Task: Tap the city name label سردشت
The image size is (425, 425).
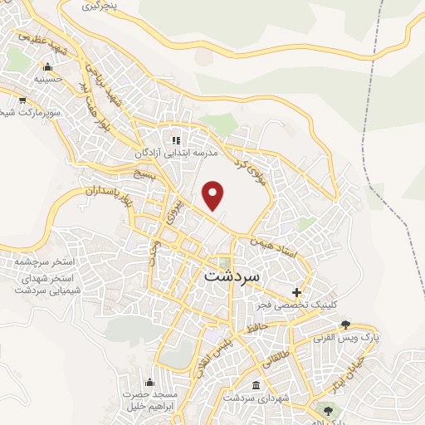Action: point(232,275)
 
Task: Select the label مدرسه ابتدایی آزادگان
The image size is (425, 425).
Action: point(177,154)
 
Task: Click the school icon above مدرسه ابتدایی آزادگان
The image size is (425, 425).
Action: point(176,140)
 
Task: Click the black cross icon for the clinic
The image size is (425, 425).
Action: point(297,292)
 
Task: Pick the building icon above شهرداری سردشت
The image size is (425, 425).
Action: point(255,386)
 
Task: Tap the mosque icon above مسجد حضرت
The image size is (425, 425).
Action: point(149,381)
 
